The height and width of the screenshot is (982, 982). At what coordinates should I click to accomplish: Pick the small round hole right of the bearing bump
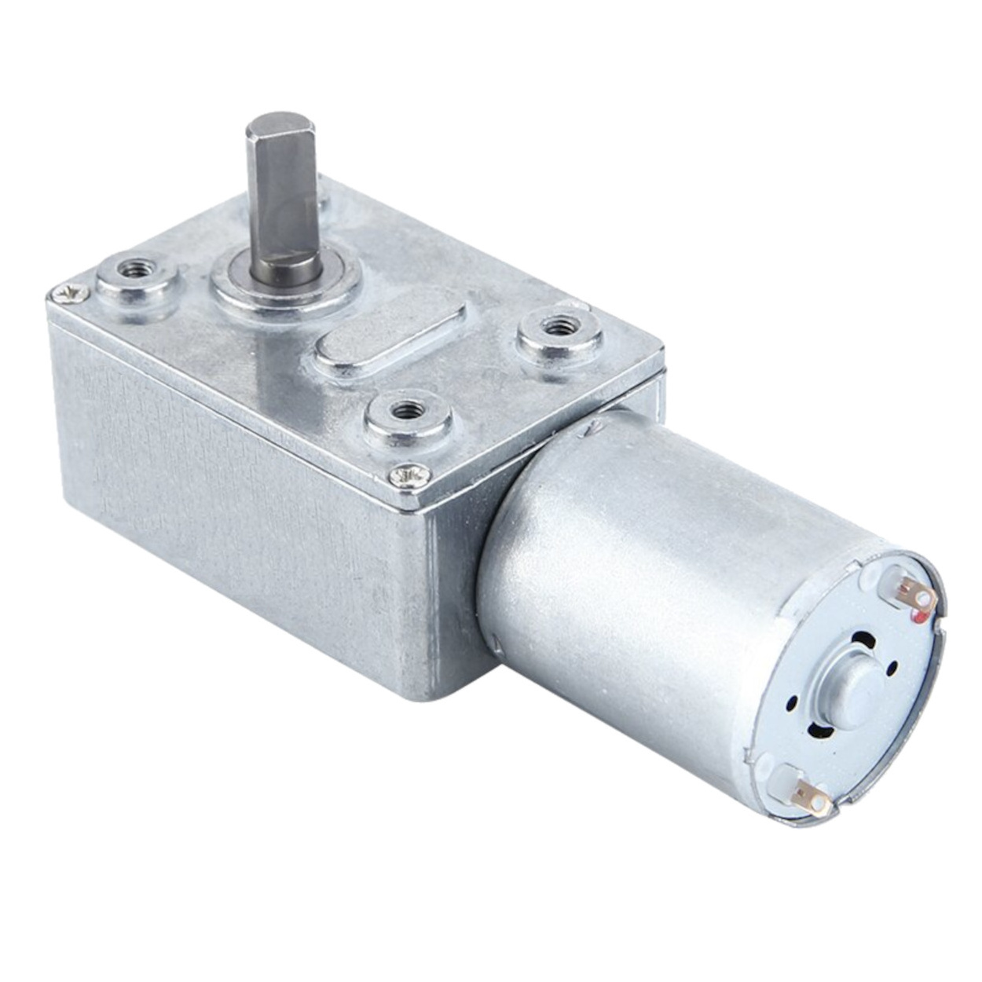click(x=896, y=668)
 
